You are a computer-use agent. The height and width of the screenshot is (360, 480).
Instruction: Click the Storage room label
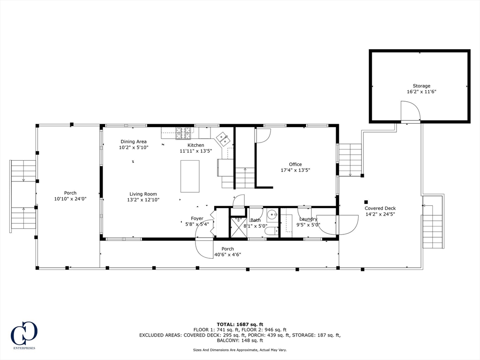click(x=421, y=86)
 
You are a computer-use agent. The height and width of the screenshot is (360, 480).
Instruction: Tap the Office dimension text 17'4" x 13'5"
click(x=295, y=170)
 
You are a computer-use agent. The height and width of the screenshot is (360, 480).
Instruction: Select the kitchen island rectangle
click(x=190, y=176)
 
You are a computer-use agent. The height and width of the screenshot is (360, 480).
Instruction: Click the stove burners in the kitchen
click(x=183, y=134)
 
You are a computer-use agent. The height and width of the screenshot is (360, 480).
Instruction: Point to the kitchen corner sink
click(x=224, y=139)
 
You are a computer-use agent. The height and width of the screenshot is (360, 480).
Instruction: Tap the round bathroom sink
click(x=272, y=216)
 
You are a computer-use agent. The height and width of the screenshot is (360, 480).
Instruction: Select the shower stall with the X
click(x=239, y=227)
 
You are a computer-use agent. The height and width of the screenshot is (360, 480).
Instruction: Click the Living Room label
click(x=143, y=194)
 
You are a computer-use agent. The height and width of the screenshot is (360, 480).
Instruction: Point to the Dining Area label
click(x=134, y=142)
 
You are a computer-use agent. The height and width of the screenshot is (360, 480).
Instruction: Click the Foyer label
click(x=197, y=218)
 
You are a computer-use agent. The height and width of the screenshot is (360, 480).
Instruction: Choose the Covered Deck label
click(x=380, y=209)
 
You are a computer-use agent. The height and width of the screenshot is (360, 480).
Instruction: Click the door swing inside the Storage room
click(x=411, y=110)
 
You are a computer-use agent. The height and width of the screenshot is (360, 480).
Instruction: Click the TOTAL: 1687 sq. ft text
click(x=240, y=324)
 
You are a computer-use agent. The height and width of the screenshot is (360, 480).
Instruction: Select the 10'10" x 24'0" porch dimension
click(x=70, y=199)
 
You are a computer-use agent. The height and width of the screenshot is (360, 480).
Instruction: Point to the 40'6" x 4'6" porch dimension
click(x=228, y=255)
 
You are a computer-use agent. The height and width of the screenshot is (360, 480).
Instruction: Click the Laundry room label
click(x=308, y=219)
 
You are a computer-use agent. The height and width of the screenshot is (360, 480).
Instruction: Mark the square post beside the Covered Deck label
click(x=366, y=202)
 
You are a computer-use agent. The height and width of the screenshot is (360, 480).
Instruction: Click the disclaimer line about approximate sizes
click(x=240, y=350)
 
